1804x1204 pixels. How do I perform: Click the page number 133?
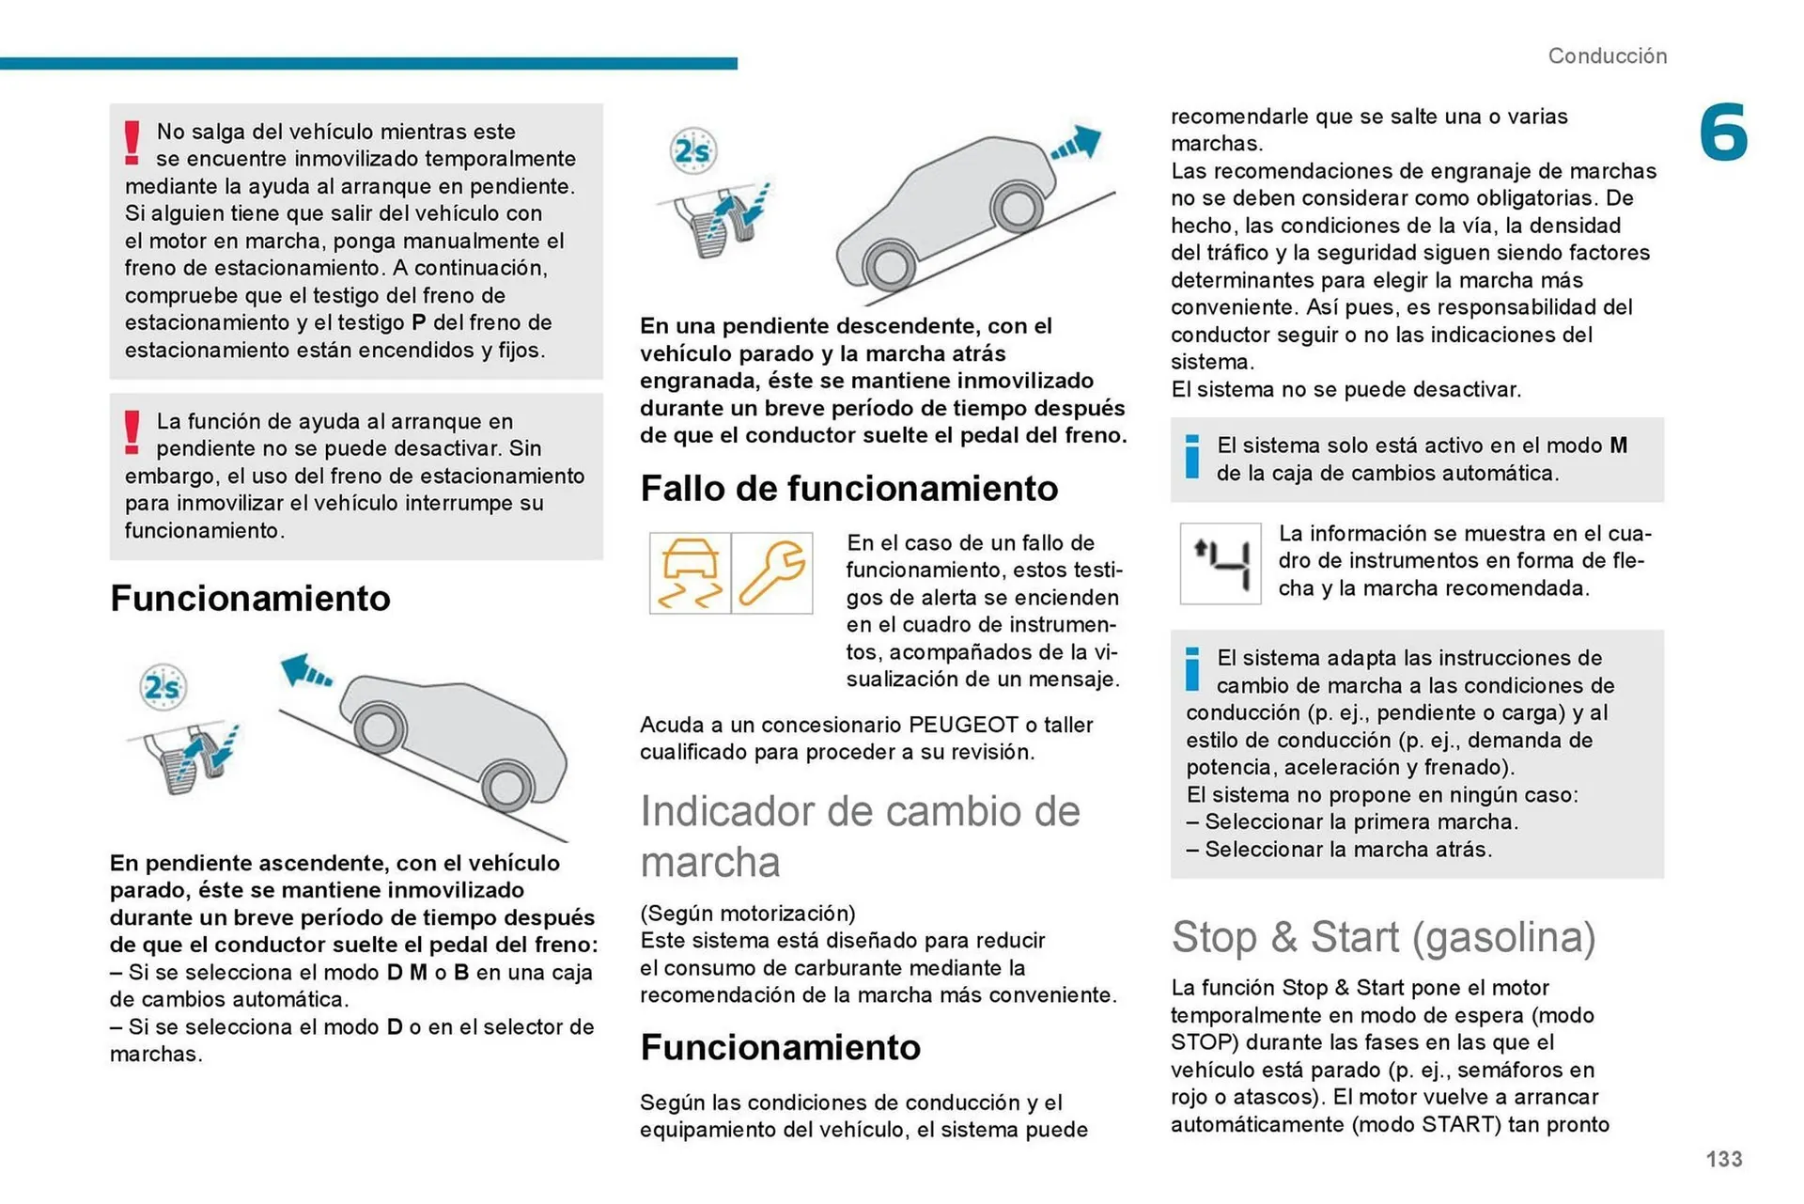(x=1723, y=1159)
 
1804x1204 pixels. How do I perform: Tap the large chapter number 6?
(x=1723, y=133)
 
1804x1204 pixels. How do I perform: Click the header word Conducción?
(x=1607, y=56)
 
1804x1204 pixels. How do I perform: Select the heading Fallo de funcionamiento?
(x=848, y=489)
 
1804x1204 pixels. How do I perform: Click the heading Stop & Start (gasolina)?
(x=1383, y=937)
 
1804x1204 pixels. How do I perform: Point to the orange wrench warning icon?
(x=772, y=573)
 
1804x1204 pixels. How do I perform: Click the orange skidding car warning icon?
(x=690, y=573)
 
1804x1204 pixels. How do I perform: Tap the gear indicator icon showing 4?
(x=1221, y=564)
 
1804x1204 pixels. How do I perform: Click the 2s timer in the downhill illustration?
(x=163, y=687)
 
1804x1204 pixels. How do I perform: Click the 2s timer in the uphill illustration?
(x=693, y=150)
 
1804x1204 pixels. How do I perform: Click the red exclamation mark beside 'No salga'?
(x=132, y=143)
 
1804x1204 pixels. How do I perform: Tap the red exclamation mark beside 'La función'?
(x=132, y=432)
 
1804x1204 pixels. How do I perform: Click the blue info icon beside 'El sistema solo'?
(x=1192, y=457)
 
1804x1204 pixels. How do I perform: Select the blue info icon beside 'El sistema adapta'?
(x=1192, y=669)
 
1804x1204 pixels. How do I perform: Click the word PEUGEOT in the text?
(x=963, y=725)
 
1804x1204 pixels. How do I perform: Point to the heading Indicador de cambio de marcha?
(x=860, y=836)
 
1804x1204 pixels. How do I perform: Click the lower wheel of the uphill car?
(x=888, y=265)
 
